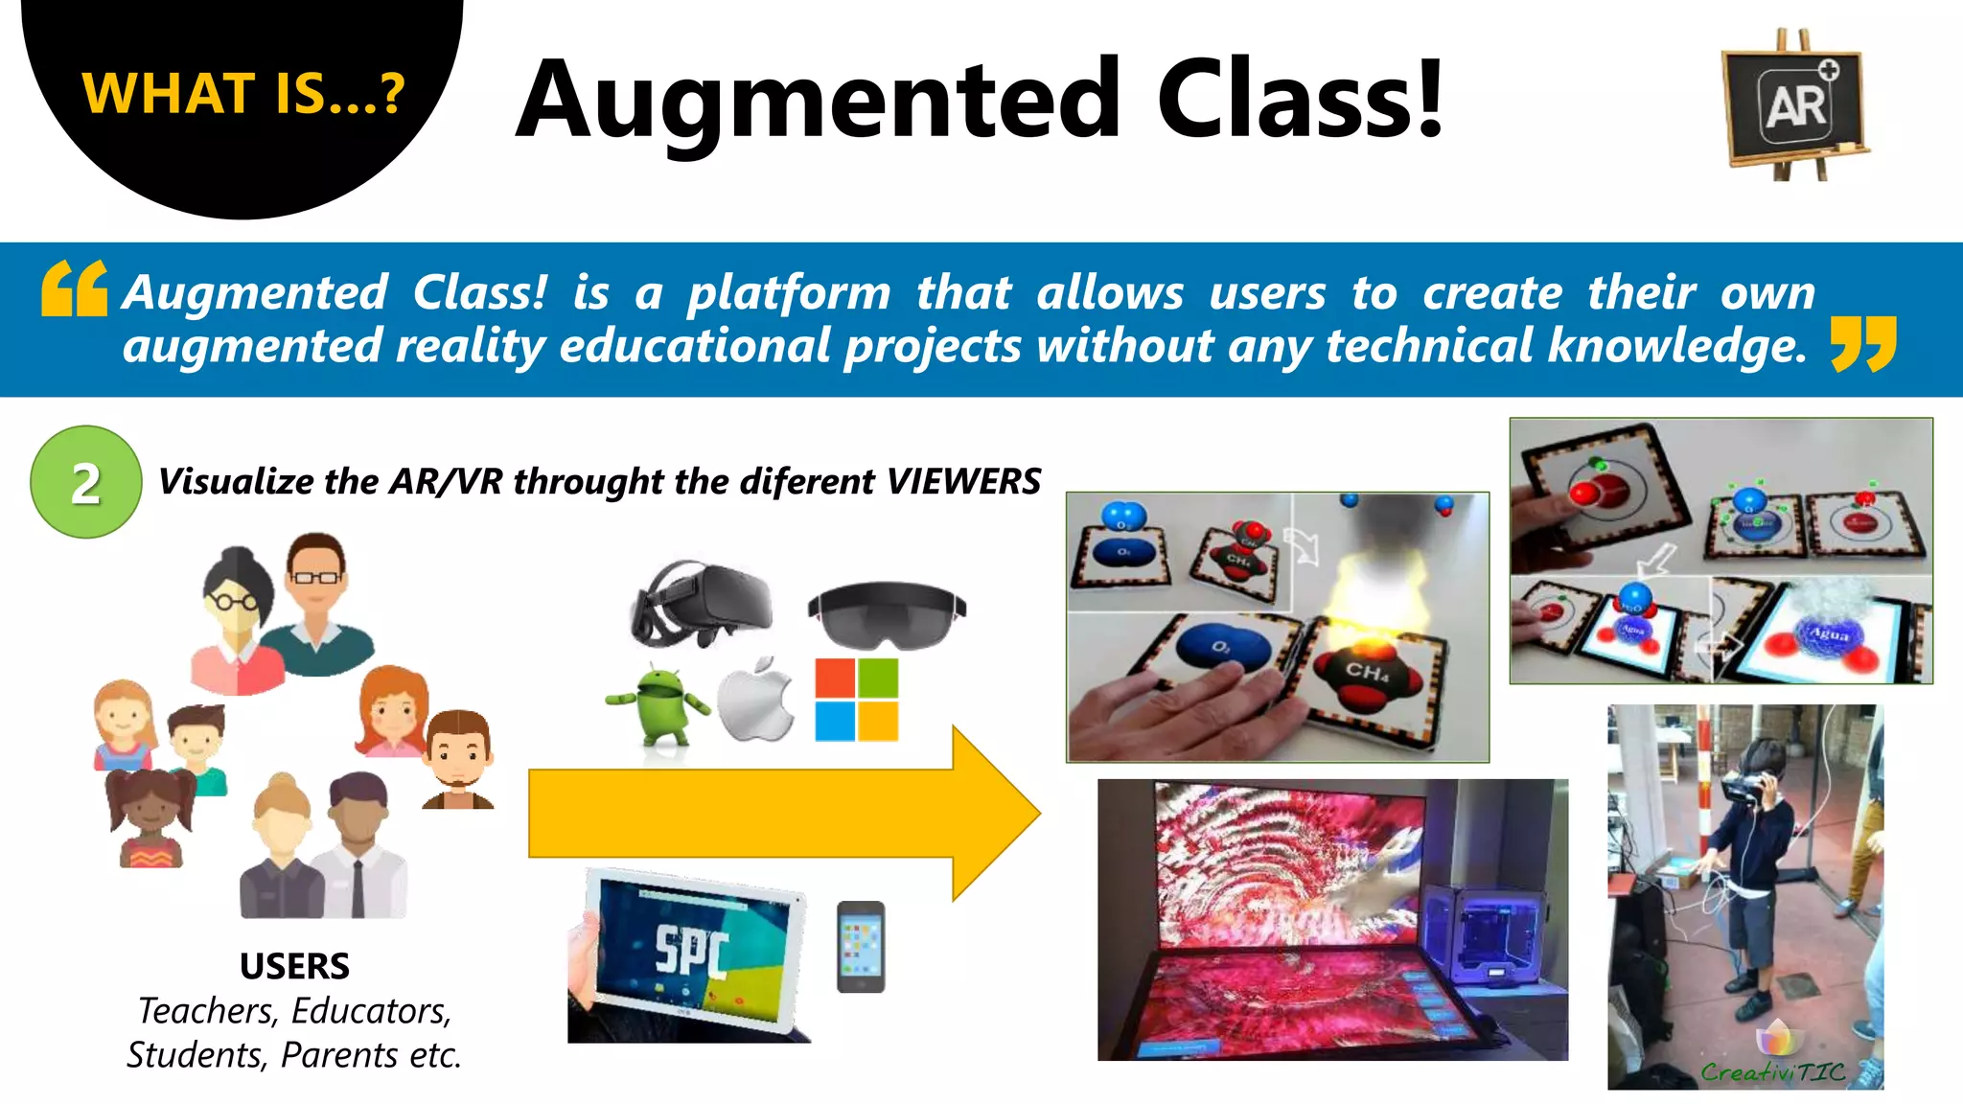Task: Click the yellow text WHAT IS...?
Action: pos(243,94)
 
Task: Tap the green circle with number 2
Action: pos(86,482)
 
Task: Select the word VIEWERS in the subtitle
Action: pos(963,481)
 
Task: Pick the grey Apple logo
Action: pos(756,701)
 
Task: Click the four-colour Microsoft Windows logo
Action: pos(857,700)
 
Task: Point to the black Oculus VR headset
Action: pos(702,603)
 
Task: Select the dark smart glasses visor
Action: pos(887,613)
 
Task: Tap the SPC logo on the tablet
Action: pos(692,950)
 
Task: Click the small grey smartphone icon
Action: pos(861,947)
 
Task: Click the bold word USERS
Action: pos(294,966)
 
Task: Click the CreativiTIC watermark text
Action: pos(1773,1071)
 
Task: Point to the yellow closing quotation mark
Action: pos(1862,344)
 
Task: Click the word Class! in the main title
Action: pos(1300,99)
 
